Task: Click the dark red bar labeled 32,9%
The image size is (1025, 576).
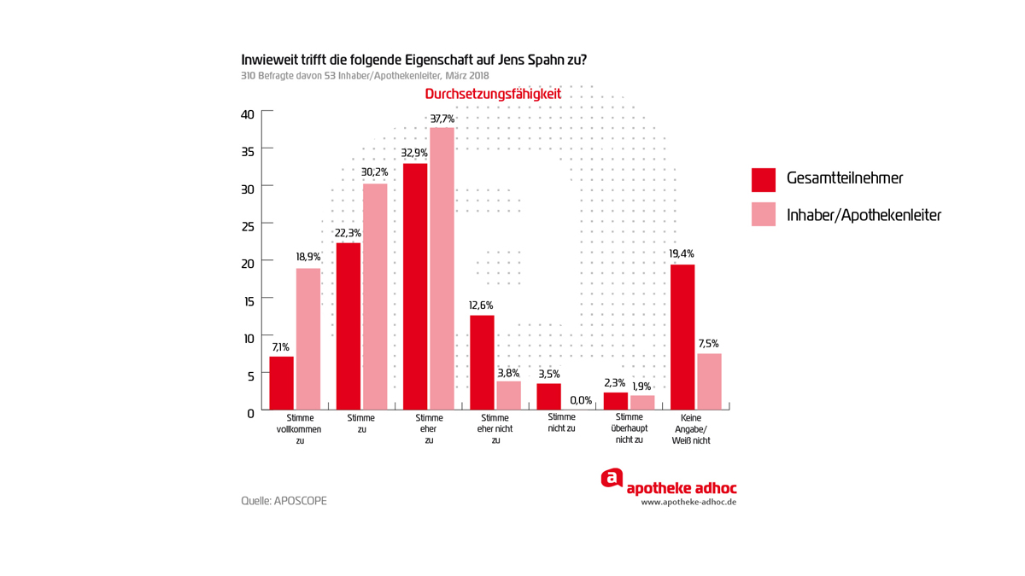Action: coord(415,286)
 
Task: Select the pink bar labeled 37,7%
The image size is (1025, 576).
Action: coord(442,268)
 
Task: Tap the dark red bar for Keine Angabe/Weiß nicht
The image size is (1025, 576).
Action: coord(682,337)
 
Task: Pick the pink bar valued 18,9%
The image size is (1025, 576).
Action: coord(308,339)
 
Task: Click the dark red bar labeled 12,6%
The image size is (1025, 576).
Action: coord(482,363)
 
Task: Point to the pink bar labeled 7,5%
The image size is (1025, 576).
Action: coord(709,381)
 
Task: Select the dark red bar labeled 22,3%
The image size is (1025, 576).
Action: coord(348,326)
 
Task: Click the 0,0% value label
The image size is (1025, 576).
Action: coord(581,400)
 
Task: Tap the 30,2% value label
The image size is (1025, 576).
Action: coord(374,172)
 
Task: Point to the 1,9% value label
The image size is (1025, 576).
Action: coord(641,387)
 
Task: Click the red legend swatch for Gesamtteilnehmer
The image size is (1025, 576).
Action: coord(764,179)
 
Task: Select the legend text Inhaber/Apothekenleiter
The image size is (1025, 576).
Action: coord(864,215)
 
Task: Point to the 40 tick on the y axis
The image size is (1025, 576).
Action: coord(247,114)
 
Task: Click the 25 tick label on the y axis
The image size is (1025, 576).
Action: coord(247,227)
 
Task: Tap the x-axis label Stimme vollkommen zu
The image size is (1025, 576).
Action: coord(301,429)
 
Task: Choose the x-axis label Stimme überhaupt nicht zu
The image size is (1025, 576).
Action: coord(629,429)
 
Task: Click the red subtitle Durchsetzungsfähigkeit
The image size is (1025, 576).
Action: coord(493,94)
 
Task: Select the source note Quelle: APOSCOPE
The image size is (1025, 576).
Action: coord(284,501)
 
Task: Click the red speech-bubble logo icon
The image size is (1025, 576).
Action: coord(612,479)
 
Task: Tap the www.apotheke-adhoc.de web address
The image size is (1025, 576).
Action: coord(688,503)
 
